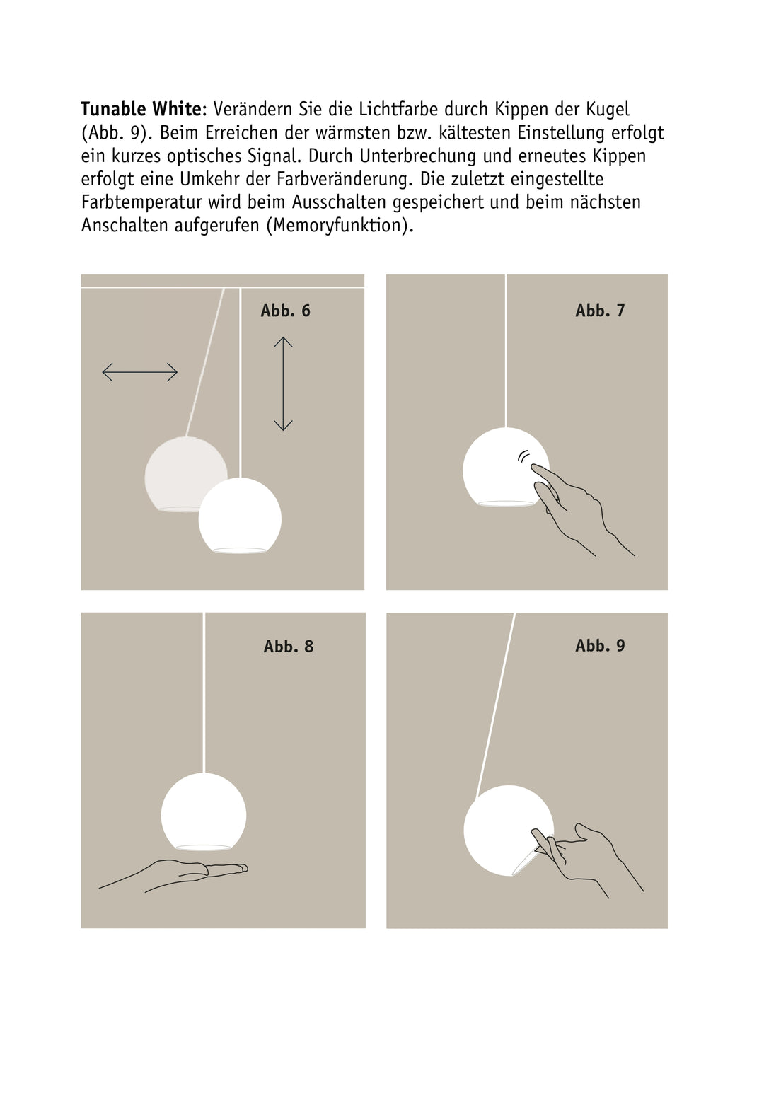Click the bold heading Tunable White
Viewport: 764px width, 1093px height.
coord(141,109)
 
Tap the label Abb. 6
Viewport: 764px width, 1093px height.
coord(285,311)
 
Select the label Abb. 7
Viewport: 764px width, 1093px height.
coord(600,311)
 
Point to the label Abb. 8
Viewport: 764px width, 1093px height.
coord(288,646)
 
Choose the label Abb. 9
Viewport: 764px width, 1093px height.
coord(600,645)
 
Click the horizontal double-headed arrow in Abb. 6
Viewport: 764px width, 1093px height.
coord(140,371)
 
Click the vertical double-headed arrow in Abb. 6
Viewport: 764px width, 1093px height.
coord(283,383)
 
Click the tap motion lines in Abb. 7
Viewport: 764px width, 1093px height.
coord(523,456)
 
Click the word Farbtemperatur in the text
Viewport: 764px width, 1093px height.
coord(141,202)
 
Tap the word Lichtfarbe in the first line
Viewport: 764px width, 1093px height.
coord(398,109)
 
